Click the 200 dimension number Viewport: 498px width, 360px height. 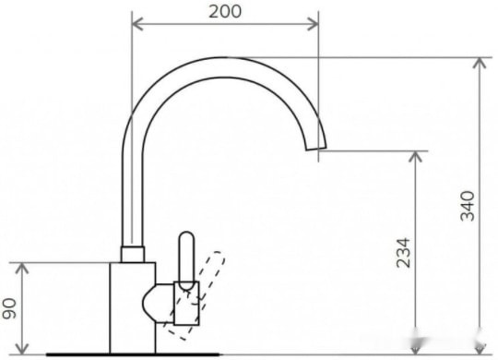pyautogui.click(x=225, y=12)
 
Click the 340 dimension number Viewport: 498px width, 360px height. pyautogui.click(x=468, y=206)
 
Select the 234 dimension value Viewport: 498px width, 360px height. pyautogui.click(x=404, y=253)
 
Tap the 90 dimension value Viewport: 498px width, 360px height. pyautogui.click(x=9, y=308)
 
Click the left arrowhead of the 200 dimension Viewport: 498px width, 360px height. pyautogui.click(x=137, y=24)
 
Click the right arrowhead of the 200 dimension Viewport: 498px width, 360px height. pyautogui.click(x=313, y=24)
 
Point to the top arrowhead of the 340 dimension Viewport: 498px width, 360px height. pyautogui.click(x=480, y=63)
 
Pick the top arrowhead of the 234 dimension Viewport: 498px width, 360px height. pyautogui.click(x=415, y=157)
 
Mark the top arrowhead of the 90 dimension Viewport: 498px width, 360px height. pyautogui.click(x=22, y=269)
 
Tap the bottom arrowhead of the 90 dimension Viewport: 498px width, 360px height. pyautogui.click(x=22, y=349)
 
